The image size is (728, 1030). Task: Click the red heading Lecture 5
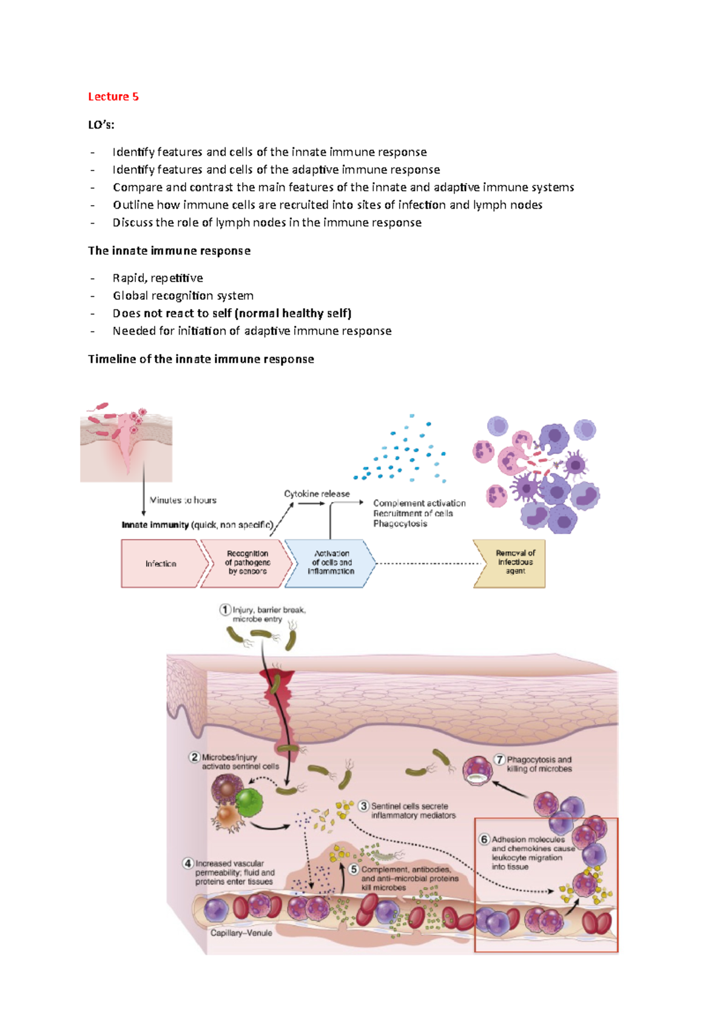(113, 96)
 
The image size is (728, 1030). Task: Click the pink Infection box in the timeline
(161, 564)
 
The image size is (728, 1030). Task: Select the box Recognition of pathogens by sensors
(247, 562)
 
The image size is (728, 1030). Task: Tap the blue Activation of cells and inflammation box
(331, 562)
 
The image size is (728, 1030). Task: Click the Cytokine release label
(317, 494)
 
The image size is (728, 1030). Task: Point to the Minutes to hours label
(183, 500)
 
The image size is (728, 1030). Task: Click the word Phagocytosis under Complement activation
(400, 523)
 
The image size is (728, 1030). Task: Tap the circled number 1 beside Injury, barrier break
(225, 610)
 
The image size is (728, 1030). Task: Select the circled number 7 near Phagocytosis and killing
(499, 759)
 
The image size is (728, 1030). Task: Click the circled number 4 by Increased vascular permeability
(188, 863)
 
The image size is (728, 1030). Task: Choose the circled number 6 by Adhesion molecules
(484, 840)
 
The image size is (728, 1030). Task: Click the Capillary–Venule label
(241, 933)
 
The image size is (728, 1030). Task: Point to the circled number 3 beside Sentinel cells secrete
(363, 806)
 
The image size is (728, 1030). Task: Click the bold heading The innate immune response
(169, 251)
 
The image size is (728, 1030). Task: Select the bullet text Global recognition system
(183, 295)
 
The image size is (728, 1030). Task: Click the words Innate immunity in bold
(155, 525)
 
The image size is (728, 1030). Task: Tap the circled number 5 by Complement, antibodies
(354, 869)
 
